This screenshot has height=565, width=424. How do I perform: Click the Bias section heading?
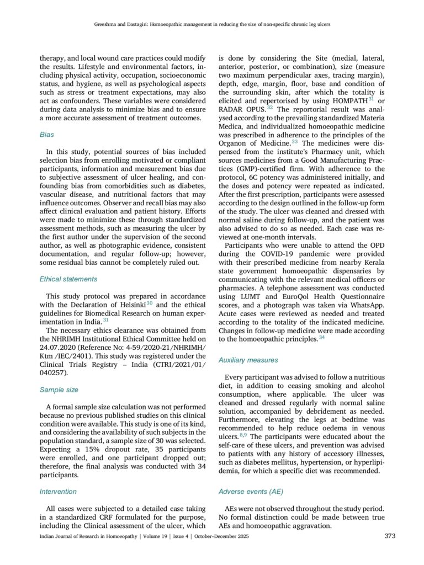[x=47, y=134]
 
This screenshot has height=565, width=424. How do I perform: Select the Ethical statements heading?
[x=68, y=279]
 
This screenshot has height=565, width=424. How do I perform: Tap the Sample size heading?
[x=59, y=390]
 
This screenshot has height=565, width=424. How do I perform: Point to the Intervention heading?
[x=59, y=491]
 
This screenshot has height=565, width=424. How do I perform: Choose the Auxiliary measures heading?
[x=248, y=360]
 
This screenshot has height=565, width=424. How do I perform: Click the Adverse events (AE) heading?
[x=251, y=491]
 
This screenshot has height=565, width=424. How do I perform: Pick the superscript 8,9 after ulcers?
[x=243, y=435]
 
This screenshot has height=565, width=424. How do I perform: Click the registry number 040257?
[x=54, y=373]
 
